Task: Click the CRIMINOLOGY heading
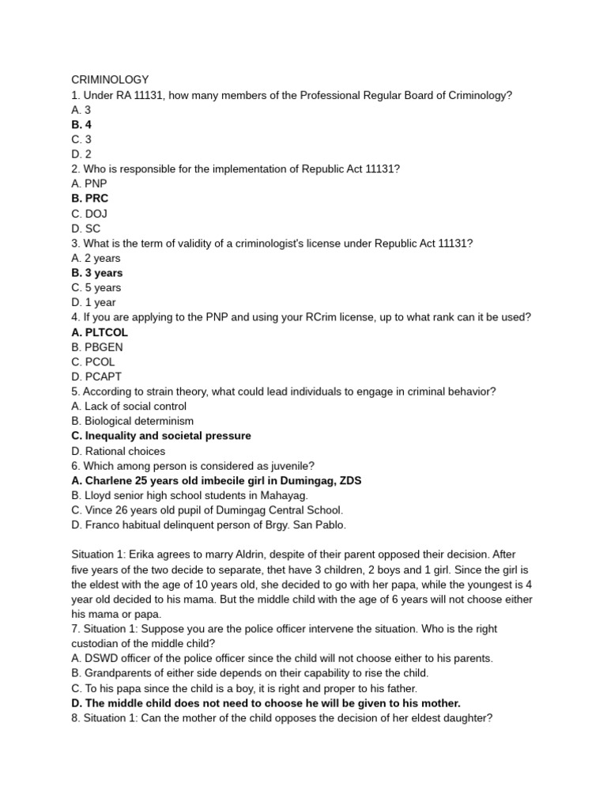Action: click(110, 80)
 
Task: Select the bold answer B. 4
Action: click(81, 125)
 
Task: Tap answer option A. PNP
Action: click(89, 184)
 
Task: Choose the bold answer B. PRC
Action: click(89, 199)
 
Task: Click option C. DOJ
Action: click(89, 214)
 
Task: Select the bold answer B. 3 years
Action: click(97, 273)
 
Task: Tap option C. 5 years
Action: click(96, 288)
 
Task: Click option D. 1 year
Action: click(93, 302)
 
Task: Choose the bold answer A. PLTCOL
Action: click(100, 332)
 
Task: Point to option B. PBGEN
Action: click(97, 347)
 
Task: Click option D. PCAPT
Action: click(96, 377)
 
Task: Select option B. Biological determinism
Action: click(132, 421)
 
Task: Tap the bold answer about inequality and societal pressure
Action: click(161, 436)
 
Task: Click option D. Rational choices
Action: click(119, 451)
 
